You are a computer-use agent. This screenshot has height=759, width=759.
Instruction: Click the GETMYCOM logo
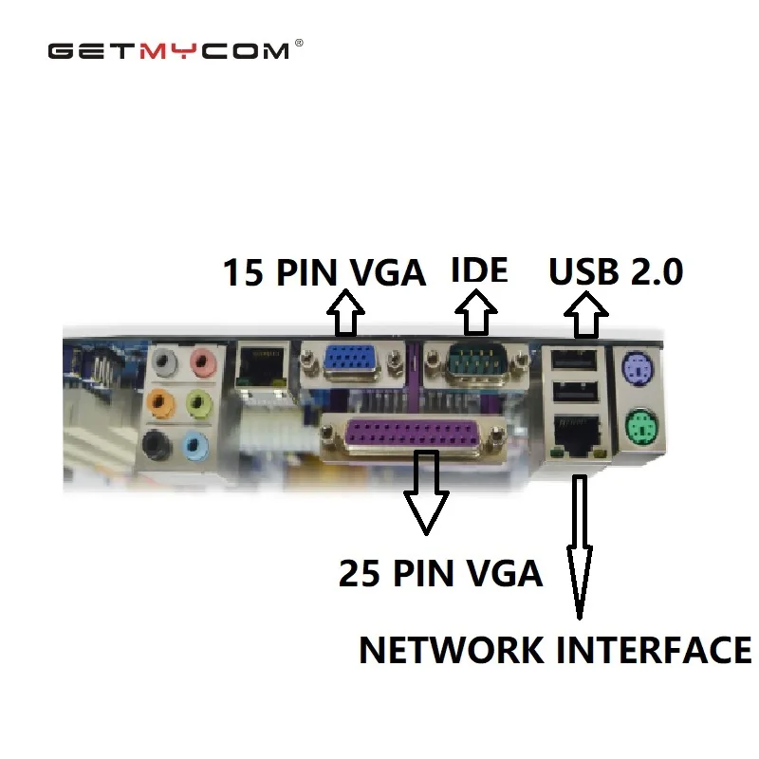(169, 50)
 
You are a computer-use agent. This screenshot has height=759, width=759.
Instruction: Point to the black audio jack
(155, 442)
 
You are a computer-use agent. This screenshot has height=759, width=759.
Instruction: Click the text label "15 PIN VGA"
(324, 273)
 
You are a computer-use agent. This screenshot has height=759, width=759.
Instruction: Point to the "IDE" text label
(479, 270)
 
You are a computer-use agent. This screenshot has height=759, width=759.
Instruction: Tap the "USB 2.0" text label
(616, 272)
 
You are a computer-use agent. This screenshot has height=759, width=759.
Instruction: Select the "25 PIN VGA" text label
(440, 573)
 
